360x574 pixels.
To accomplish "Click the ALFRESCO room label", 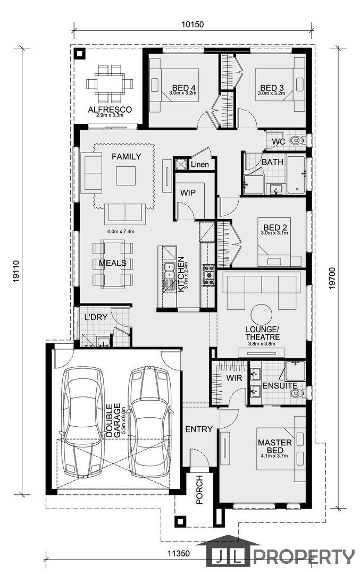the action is (110, 109).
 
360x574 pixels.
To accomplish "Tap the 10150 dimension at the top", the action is (192, 24).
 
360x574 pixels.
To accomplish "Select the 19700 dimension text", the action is (332, 278).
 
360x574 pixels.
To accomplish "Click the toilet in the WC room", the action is (297, 140).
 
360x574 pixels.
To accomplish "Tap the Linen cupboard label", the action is (199, 164).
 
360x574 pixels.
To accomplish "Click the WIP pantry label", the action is (188, 192).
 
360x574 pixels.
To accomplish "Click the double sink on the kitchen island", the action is (169, 271).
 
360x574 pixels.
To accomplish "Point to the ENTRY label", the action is (199, 429).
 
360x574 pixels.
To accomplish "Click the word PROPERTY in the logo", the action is (304, 557).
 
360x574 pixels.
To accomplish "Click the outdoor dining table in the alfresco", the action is (110, 84).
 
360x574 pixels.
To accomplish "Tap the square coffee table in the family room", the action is (126, 176).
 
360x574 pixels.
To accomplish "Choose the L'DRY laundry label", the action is (96, 317).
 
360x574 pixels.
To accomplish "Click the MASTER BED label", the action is (275, 446).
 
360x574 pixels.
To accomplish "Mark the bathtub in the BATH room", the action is (296, 175).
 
